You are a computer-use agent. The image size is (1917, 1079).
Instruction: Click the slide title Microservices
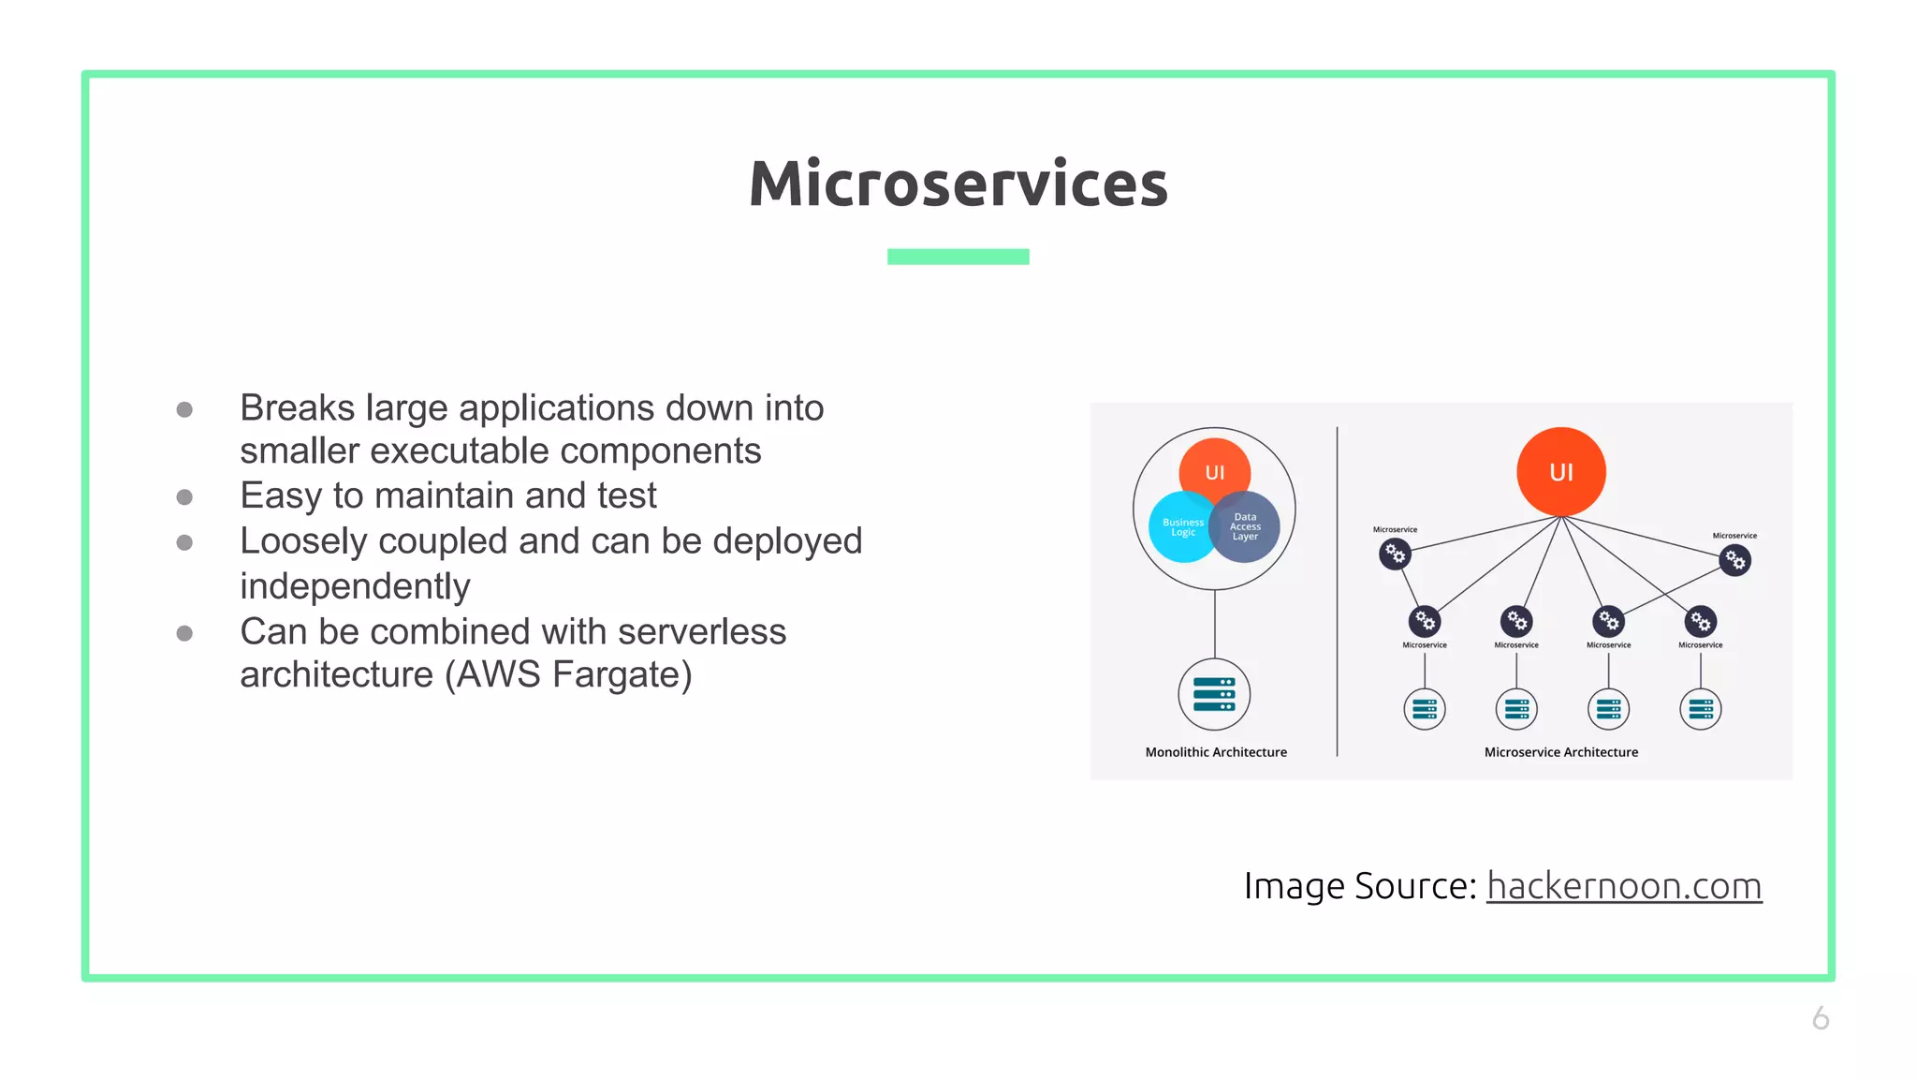[958, 184]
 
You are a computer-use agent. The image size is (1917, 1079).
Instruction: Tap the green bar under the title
[958, 257]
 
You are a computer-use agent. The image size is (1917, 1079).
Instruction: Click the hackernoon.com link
[1624, 886]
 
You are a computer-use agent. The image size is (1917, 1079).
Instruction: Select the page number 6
[1820, 1018]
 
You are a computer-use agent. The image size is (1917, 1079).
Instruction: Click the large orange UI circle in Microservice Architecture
[1560, 472]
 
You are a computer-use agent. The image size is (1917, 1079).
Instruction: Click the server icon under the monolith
[1214, 695]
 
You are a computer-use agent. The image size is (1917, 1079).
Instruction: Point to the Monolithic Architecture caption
[1216, 752]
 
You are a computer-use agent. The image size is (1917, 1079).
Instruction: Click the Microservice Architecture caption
[1560, 752]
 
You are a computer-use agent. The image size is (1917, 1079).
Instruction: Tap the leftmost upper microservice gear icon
[1395, 554]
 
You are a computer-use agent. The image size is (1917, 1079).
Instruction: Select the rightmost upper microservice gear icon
[1734, 561]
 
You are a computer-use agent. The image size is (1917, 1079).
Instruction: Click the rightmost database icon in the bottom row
[1700, 709]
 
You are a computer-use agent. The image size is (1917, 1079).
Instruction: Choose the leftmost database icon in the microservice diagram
[1424, 709]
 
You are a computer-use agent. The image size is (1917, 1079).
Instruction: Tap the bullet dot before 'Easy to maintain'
[184, 497]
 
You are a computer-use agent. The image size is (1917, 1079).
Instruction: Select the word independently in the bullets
[355, 587]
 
